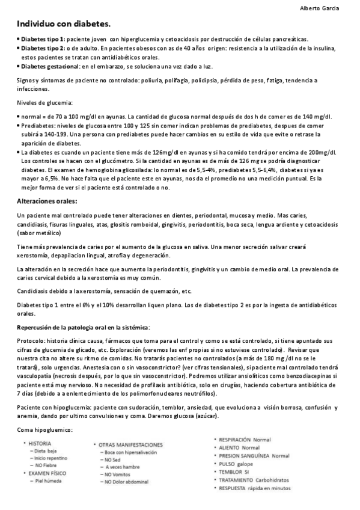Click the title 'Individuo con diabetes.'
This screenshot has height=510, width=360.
coord(63,24)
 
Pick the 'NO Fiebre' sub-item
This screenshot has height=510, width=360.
coord(47,465)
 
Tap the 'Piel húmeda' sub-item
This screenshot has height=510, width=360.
coord(48,481)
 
